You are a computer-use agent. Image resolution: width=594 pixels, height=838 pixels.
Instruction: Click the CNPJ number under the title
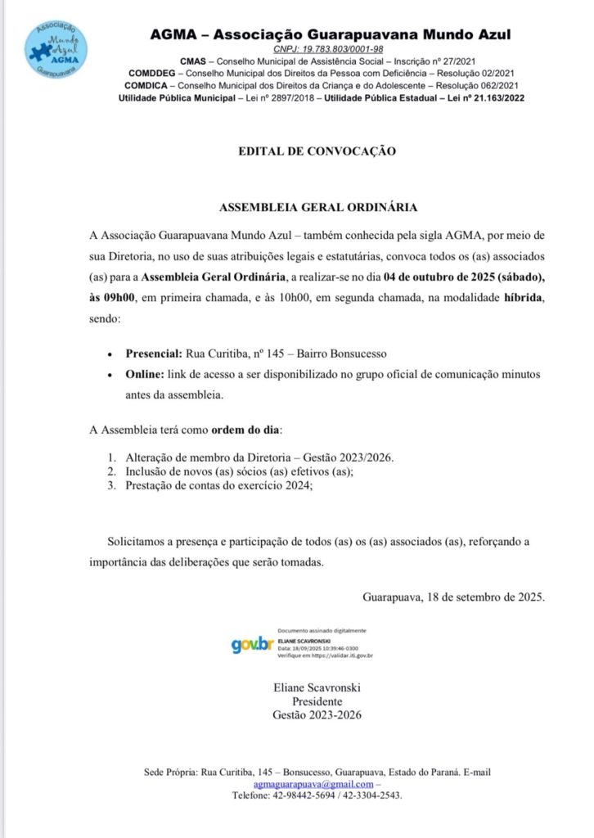pos(330,49)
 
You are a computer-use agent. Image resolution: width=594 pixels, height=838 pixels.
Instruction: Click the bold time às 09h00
pos(112,298)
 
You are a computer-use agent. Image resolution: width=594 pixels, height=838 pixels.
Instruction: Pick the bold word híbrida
pos(520,298)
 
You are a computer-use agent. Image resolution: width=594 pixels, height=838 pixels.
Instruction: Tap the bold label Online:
pos(145,374)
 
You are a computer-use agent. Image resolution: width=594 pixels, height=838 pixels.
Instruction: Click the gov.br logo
pos(251,644)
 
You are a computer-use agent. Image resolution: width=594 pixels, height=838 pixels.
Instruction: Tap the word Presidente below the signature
pos(317,701)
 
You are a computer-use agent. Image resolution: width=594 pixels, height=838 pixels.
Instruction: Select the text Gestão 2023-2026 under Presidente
pos(317,715)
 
